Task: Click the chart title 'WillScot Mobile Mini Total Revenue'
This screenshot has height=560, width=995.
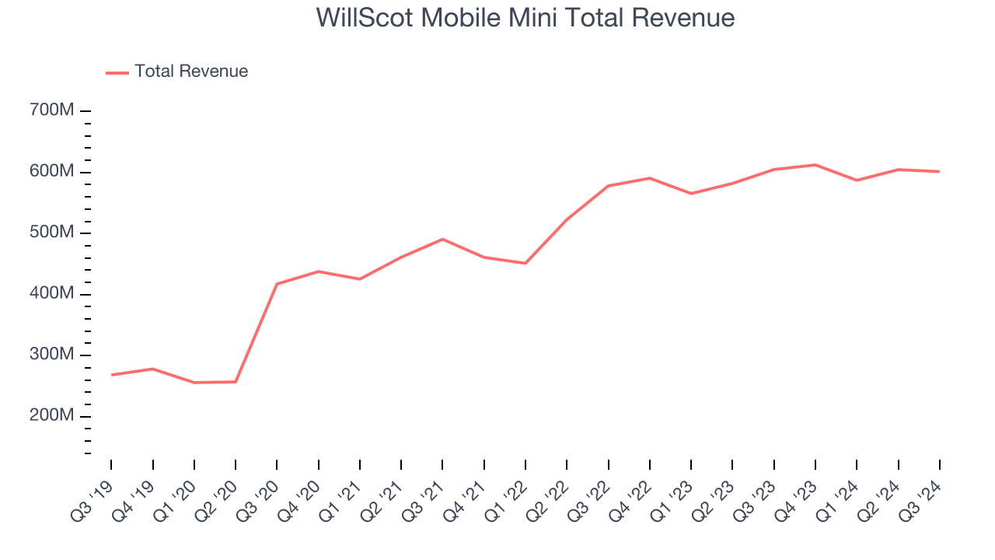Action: pyautogui.click(x=525, y=17)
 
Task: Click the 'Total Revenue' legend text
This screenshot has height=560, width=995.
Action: pyautogui.click(x=191, y=72)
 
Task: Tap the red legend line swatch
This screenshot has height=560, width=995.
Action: pyautogui.click(x=117, y=72)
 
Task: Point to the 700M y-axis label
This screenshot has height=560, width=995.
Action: pyautogui.click(x=51, y=110)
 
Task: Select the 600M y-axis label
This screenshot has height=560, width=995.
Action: pyautogui.click(x=51, y=171)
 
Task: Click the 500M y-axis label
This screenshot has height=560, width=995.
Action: pyautogui.click(x=51, y=233)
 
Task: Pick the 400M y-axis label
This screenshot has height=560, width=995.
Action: pyautogui.click(x=51, y=294)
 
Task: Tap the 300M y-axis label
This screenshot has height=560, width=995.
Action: pyautogui.click(x=51, y=355)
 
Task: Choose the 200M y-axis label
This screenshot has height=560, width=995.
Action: pyautogui.click(x=51, y=416)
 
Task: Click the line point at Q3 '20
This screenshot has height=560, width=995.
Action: pyautogui.click(x=277, y=284)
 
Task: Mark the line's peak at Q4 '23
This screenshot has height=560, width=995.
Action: pyautogui.click(x=815, y=165)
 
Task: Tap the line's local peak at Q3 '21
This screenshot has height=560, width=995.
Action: pyautogui.click(x=442, y=239)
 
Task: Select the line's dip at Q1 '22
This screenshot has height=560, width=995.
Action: pyautogui.click(x=525, y=263)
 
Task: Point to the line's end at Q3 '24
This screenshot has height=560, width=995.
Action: pyautogui.click(x=939, y=171)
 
